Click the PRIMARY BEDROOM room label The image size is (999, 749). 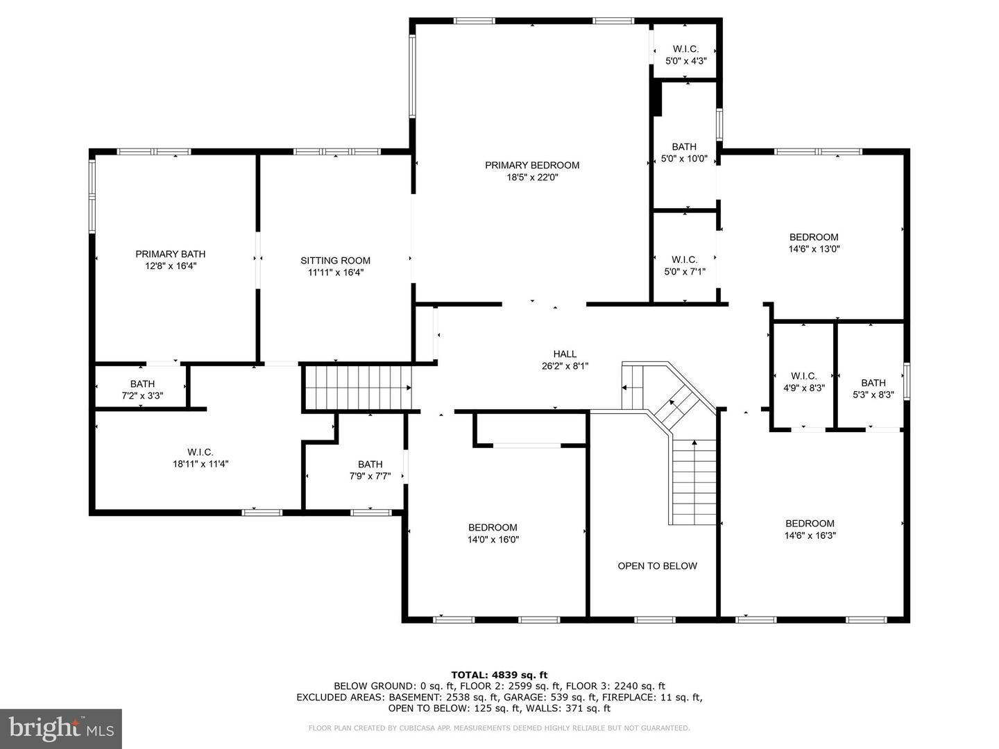coord(532,165)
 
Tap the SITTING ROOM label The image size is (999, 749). coord(335,261)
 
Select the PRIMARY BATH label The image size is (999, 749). coord(170,255)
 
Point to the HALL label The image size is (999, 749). coord(565,354)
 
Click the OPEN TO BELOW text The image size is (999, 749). coord(657,566)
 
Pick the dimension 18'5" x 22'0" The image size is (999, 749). coord(533,178)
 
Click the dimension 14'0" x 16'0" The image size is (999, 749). coord(493,540)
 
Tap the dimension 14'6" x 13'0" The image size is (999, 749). coord(814,249)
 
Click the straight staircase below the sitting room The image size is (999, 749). coord(358,388)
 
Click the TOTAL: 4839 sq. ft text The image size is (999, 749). coord(499,675)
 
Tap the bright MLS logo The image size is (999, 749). coord(61,729)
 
